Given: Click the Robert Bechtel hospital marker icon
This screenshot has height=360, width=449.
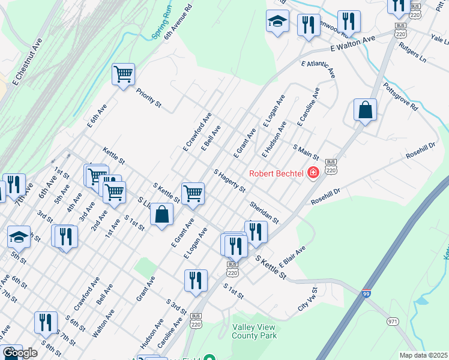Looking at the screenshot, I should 313,173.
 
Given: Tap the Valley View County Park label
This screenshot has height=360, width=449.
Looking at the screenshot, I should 255,331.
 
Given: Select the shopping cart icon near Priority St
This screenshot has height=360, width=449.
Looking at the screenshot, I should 124,74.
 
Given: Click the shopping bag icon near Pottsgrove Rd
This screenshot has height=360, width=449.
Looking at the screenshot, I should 365,110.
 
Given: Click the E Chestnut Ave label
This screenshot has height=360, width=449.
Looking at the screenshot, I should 28,61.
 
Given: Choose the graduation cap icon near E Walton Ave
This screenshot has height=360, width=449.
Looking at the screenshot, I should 277,21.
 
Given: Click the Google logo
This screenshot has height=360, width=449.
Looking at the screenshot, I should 20,353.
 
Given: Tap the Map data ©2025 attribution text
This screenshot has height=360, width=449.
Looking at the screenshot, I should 424,355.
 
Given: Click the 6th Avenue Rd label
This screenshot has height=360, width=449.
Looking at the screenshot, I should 178,23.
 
